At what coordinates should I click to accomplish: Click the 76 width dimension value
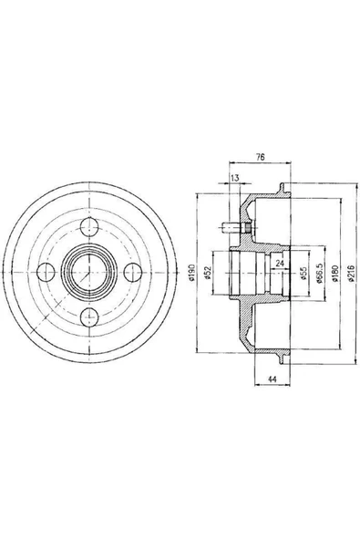click(260, 157)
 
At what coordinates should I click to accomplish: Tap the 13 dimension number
click(235, 178)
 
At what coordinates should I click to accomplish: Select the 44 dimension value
click(273, 379)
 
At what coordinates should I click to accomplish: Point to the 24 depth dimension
click(280, 264)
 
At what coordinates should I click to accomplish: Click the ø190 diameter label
click(192, 273)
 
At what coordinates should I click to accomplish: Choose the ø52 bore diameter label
click(207, 273)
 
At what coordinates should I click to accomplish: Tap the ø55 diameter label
click(303, 274)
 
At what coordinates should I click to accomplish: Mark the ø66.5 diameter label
click(319, 273)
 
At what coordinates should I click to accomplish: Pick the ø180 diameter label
click(335, 274)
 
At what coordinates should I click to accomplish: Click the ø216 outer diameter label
click(351, 274)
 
